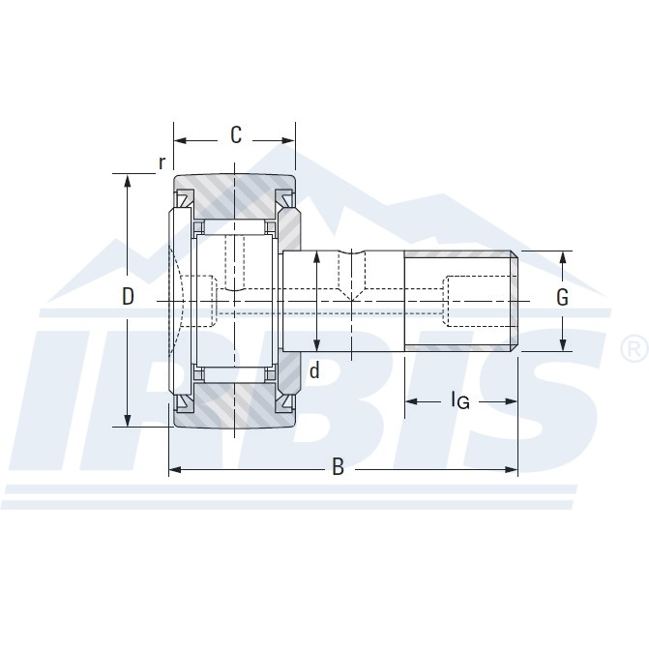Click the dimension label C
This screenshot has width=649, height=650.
235,135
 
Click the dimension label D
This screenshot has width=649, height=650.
128,297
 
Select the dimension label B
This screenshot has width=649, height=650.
338,468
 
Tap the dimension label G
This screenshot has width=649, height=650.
562,298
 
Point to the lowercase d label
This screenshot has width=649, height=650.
313,370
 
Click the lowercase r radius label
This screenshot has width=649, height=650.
162,162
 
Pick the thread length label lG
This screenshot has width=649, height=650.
459,399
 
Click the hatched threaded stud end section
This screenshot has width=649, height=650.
459,264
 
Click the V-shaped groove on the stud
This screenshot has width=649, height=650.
350,258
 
